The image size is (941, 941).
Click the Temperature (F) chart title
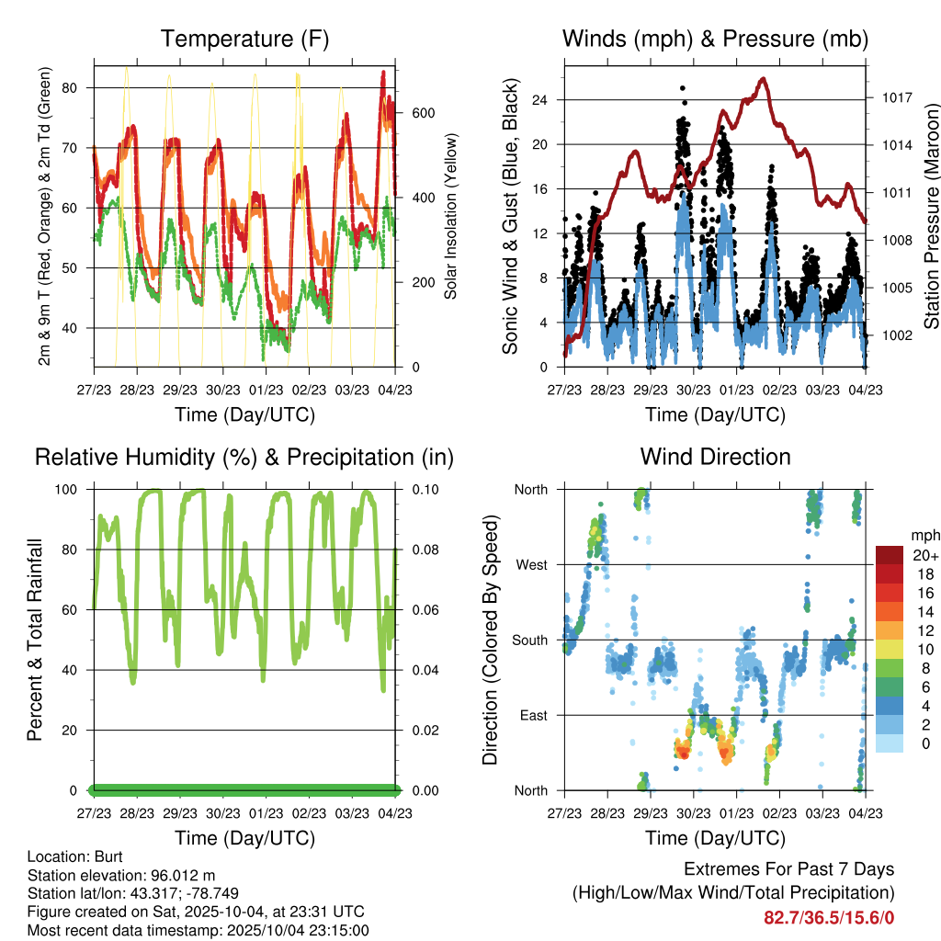coord(244,40)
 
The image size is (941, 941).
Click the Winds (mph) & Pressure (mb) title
coord(715,40)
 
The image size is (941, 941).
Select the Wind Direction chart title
coord(715,457)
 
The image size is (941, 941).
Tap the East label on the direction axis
coord(532,715)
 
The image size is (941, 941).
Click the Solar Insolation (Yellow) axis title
coord(451,216)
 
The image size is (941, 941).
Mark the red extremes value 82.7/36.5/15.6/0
coord(829,917)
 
